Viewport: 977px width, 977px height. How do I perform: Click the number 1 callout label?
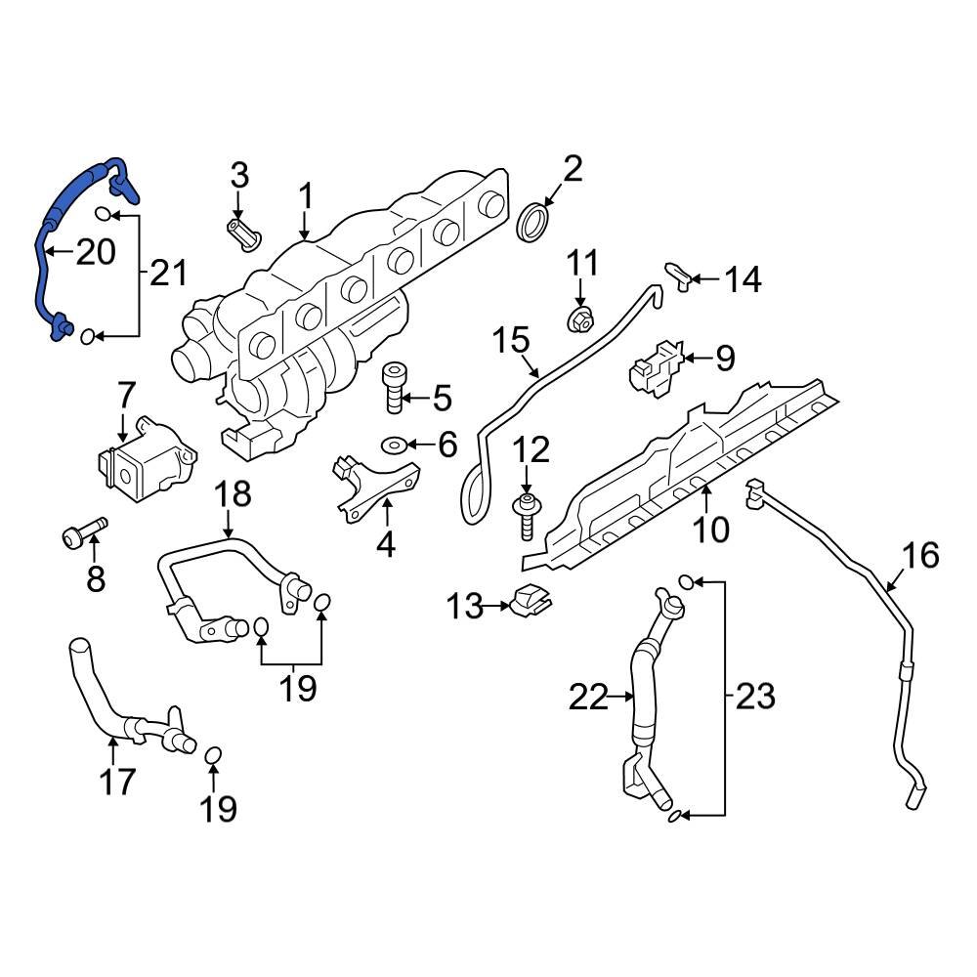(x=305, y=196)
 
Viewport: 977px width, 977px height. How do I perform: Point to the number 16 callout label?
(x=919, y=556)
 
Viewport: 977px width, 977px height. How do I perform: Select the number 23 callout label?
(x=755, y=697)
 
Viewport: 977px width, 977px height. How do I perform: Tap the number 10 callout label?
(x=711, y=531)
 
